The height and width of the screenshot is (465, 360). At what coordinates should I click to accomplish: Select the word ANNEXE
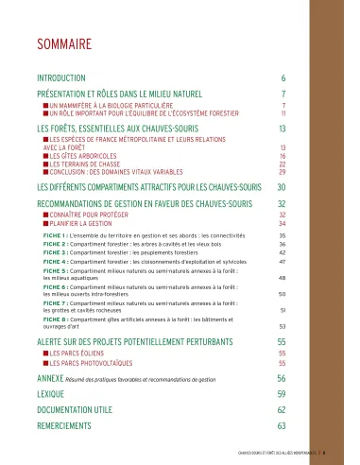(52, 376)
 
